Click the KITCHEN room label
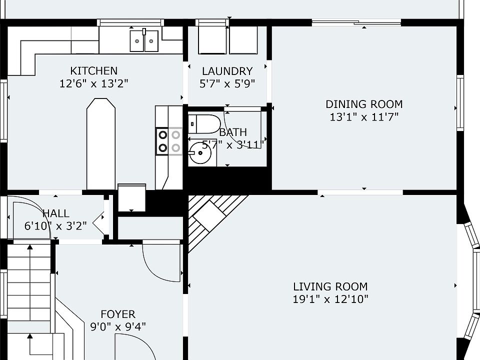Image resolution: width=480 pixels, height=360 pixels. point(93,70)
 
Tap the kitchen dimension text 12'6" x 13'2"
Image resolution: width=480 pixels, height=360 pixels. point(93,83)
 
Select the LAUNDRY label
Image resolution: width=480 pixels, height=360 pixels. point(227,71)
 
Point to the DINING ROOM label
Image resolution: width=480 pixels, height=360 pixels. point(364,104)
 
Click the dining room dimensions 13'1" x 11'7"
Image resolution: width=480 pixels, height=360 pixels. point(364,117)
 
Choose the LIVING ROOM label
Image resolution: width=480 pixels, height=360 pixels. point(330,286)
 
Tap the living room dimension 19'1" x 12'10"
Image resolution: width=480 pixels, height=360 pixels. point(330,299)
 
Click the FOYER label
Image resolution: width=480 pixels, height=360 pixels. point(118,314)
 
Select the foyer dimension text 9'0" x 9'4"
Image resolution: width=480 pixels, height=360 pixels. point(118,327)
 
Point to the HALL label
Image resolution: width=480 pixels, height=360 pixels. point(56,213)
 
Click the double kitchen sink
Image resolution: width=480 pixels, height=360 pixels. point(144,40)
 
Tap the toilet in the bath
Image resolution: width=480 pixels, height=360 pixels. point(204,124)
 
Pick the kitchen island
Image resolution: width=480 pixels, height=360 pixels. point(101,144)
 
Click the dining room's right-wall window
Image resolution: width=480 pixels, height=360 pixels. point(460,103)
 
